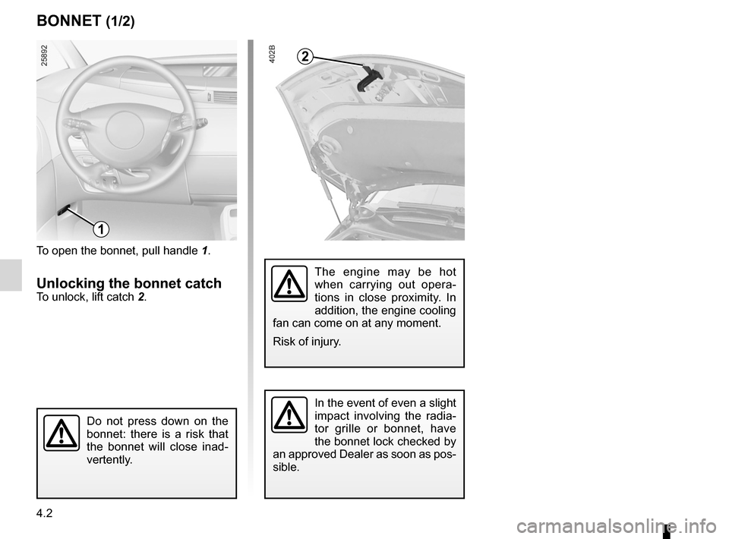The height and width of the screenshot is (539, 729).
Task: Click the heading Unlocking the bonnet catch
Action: point(129,283)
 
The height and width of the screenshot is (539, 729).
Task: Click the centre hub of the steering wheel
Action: point(125,125)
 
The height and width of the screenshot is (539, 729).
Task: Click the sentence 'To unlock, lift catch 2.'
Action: point(91,297)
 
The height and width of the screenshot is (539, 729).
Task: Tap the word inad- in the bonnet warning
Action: point(209,446)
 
